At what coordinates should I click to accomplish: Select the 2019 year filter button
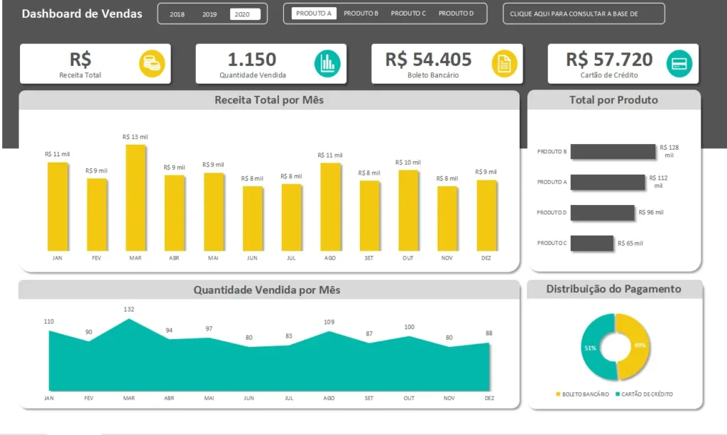pyautogui.click(x=209, y=13)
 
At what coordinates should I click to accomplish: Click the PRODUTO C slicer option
pyautogui.click(x=408, y=13)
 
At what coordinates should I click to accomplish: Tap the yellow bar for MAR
pyautogui.click(x=136, y=198)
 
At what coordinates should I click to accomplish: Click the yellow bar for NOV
pyautogui.click(x=447, y=218)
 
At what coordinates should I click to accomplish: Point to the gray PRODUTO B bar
pyautogui.click(x=613, y=151)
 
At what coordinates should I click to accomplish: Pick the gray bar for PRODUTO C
pyautogui.click(x=591, y=243)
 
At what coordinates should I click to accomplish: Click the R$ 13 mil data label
pyautogui.click(x=135, y=137)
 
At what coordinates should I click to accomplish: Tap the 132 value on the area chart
pyautogui.click(x=129, y=309)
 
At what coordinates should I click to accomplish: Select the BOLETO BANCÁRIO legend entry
pyautogui.click(x=582, y=394)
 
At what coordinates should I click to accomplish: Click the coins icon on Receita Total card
pyautogui.click(x=151, y=64)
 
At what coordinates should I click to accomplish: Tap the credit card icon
pyautogui.click(x=679, y=64)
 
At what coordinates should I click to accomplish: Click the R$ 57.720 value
pyautogui.click(x=609, y=60)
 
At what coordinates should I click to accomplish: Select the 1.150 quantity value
pyautogui.click(x=252, y=60)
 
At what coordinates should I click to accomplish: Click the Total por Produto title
pyautogui.click(x=613, y=100)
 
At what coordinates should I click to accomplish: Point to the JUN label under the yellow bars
pyautogui.click(x=252, y=258)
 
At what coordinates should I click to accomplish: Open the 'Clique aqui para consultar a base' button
pyautogui.click(x=584, y=13)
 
